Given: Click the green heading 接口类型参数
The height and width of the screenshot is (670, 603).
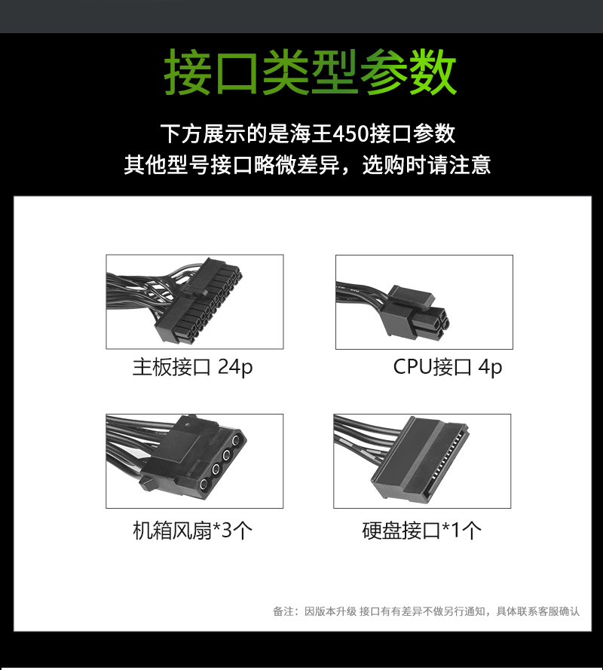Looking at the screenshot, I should (x=311, y=73).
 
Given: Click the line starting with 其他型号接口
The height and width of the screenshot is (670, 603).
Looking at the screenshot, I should (x=307, y=165).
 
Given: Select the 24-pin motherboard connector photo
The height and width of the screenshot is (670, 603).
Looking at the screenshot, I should (x=194, y=301).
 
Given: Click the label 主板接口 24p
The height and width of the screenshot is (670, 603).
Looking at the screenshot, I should (x=193, y=367).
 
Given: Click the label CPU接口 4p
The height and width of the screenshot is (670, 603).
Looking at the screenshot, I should (x=448, y=367).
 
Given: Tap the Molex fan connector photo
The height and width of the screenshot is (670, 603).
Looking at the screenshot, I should (x=194, y=460).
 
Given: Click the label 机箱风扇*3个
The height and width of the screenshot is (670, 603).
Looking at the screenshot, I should (x=193, y=531).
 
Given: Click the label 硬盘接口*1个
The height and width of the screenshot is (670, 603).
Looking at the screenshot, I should (x=422, y=531).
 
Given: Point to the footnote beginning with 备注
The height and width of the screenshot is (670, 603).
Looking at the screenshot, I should (x=426, y=611).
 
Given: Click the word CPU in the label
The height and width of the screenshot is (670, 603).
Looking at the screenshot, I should (x=413, y=367).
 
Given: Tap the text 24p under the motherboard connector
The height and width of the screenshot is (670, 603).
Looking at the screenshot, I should (x=235, y=367).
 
